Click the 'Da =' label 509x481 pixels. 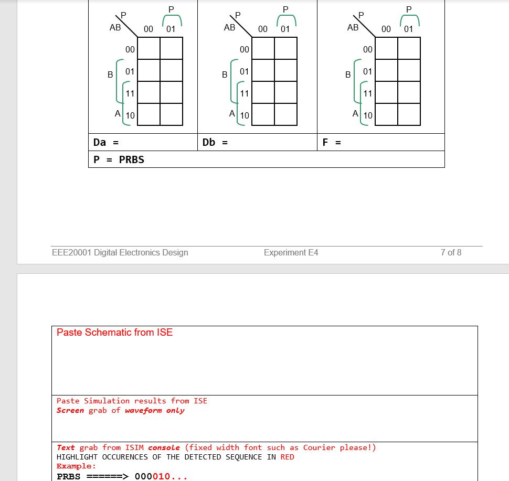click(105, 142)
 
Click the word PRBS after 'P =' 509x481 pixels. click(131, 159)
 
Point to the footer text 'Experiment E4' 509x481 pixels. click(291, 252)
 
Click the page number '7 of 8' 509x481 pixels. click(451, 252)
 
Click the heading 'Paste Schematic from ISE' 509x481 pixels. click(114, 332)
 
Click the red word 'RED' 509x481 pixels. click(287, 457)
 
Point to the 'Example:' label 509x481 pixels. click(77, 466)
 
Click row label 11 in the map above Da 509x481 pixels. click(130, 93)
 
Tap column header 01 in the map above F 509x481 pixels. click(408, 29)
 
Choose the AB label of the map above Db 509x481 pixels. click(229, 27)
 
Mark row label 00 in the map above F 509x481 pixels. click(367, 49)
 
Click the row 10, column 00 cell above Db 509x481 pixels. click(263, 114)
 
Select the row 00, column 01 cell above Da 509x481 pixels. click(171, 48)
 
